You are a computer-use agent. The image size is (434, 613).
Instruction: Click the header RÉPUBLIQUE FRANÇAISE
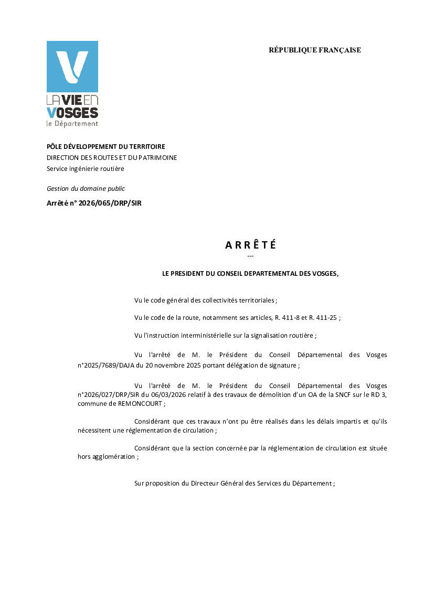coord(315,50)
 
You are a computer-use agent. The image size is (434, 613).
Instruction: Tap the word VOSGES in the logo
coord(72,113)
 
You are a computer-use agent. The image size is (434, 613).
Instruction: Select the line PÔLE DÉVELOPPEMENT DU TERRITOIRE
coord(106,147)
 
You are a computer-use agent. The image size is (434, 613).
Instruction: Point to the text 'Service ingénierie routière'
coord(86,169)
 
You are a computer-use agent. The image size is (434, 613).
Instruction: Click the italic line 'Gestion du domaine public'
coord(86,189)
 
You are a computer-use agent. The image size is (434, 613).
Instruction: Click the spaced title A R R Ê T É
coord(250,245)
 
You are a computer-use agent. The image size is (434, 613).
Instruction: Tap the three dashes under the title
coord(250,256)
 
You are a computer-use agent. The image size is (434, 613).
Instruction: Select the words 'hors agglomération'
coord(107,457)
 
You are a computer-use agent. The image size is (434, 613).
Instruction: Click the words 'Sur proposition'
coord(157,483)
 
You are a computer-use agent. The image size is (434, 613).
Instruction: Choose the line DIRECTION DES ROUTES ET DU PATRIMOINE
coord(112,158)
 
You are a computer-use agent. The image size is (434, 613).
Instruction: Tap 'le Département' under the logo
coord(72,124)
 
